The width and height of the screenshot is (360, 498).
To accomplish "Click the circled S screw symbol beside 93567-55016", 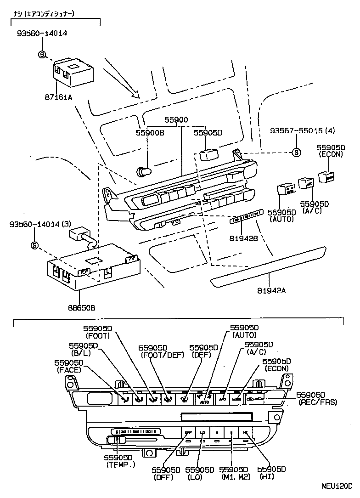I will [x=296, y=153].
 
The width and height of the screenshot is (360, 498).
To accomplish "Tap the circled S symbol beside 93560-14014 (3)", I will [x=34, y=245].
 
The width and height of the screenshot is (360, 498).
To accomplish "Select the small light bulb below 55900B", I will [x=143, y=172].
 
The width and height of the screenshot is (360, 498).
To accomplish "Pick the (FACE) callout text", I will [x=69, y=369].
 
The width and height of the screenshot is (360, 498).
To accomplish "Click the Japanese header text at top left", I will [x=44, y=14].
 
